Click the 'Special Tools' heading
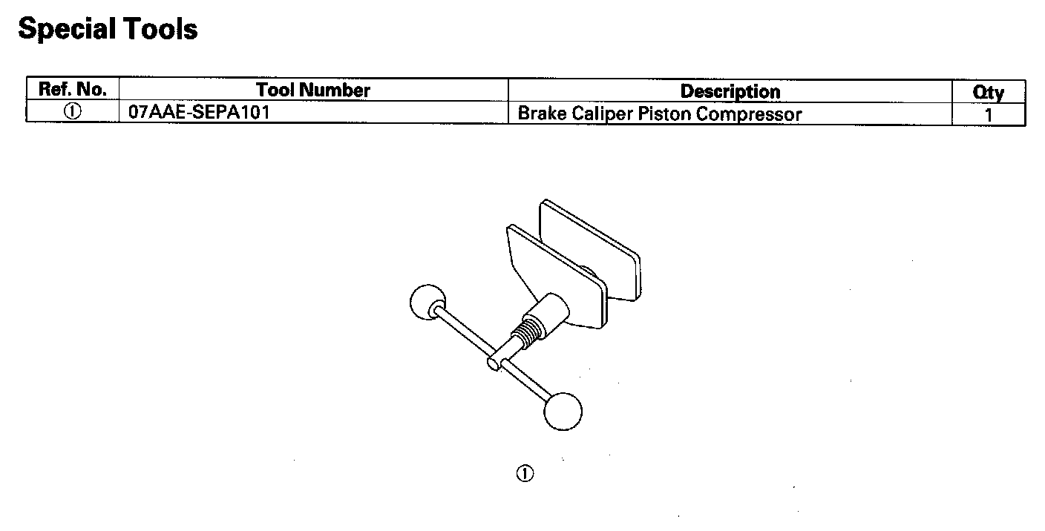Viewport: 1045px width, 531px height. pyautogui.click(x=108, y=30)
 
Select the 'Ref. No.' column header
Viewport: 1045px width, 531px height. pyautogui.click(x=72, y=90)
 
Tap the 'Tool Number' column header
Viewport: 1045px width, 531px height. pyautogui.click(x=312, y=90)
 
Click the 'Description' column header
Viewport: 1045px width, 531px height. pyautogui.click(x=730, y=91)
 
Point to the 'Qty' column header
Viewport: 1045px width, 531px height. pyautogui.click(x=988, y=92)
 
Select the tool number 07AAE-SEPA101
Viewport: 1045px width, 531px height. pyautogui.click(x=194, y=114)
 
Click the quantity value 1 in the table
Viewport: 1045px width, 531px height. pyautogui.click(x=988, y=115)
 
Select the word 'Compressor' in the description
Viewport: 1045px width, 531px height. pyautogui.click(x=749, y=114)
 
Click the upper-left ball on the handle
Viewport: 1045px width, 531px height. pyautogui.click(x=426, y=302)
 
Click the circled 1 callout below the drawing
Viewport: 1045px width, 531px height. pyautogui.click(x=525, y=474)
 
